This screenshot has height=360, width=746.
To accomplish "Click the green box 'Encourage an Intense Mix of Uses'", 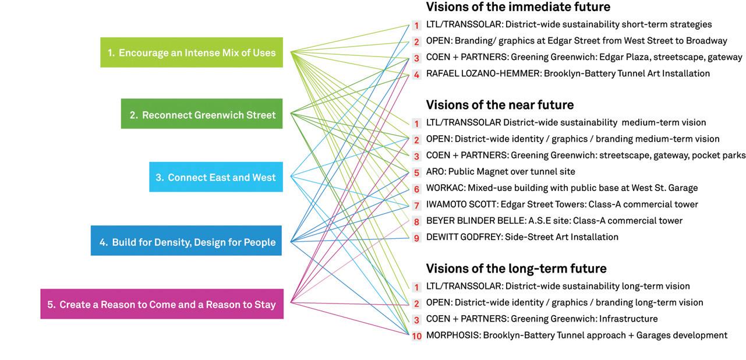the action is click(x=192, y=52).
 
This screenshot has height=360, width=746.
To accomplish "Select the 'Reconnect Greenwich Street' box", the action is click(x=202, y=114).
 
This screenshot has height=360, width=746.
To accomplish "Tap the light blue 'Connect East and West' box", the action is click(x=216, y=177).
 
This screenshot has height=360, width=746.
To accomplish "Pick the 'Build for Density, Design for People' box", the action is click(x=186, y=241).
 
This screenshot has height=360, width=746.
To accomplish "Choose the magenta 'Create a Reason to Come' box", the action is click(x=162, y=304).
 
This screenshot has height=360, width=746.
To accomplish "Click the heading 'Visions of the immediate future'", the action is click(x=518, y=7).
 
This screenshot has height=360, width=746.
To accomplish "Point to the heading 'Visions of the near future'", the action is click(x=500, y=105).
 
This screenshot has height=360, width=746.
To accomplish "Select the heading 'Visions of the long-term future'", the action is click(x=516, y=269).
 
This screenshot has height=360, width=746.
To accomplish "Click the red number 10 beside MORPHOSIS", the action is click(x=416, y=336).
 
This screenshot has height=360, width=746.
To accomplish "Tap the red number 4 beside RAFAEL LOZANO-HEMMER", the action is click(x=416, y=75).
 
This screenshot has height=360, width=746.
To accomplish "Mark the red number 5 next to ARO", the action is click(x=416, y=172).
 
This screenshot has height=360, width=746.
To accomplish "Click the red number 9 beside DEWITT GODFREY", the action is click(x=416, y=238).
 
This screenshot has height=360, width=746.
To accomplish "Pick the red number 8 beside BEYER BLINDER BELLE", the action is click(x=416, y=221).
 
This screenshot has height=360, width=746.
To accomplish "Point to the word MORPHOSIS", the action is click(x=452, y=336).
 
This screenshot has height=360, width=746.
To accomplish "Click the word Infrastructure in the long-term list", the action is click(x=628, y=319).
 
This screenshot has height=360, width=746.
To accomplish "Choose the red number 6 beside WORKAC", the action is click(x=416, y=189).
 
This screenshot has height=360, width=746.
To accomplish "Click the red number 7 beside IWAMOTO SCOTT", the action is click(x=416, y=205).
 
